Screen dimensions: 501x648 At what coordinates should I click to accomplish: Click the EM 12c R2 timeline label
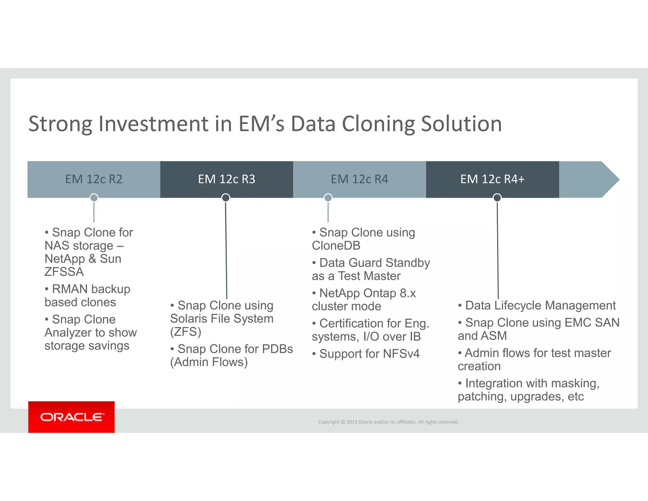(x=94, y=179)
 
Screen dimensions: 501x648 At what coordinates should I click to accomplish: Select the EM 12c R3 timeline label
(x=227, y=179)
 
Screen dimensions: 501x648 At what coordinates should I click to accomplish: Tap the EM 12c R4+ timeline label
(x=492, y=179)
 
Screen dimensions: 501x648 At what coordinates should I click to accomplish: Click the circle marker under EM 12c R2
(x=94, y=198)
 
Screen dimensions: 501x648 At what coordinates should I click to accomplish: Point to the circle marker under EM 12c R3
(x=226, y=198)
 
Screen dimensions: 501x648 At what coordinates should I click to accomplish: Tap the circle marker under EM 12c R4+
(x=497, y=198)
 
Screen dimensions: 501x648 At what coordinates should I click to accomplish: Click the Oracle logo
(x=72, y=417)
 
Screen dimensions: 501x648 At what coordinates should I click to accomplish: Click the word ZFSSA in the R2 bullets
(x=64, y=272)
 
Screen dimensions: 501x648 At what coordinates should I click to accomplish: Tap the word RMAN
(x=70, y=289)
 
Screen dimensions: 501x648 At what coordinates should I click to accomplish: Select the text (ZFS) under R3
(x=186, y=332)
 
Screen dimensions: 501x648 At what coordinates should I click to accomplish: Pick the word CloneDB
(x=336, y=246)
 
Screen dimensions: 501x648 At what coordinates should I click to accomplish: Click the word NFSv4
(x=401, y=354)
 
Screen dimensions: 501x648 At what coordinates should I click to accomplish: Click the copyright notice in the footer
(x=388, y=422)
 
